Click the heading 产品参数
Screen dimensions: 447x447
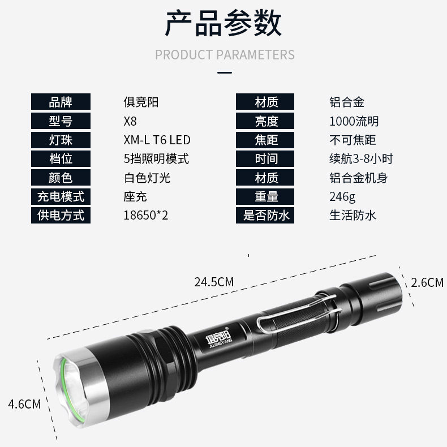pyautogui.click(x=223, y=23)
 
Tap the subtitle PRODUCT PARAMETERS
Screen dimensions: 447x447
pyautogui.click(x=225, y=55)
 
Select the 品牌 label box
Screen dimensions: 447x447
pyautogui.click(x=61, y=101)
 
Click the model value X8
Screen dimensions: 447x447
pyautogui.click(x=130, y=121)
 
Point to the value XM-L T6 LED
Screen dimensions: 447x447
pyautogui.click(x=157, y=140)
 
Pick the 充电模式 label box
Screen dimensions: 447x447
pyautogui.click(x=61, y=196)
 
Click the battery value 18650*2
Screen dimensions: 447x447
pyautogui.click(x=145, y=215)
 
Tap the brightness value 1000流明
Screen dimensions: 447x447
pyautogui.click(x=354, y=121)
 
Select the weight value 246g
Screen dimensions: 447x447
pyautogui.click(x=342, y=197)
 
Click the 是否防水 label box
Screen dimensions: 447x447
pyautogui.click(x=265, y=215)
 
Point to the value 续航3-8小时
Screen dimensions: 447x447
pyautogui.click(x=361, y=159)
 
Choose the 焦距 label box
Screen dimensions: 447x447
pyautogui.click(x=265, y=140)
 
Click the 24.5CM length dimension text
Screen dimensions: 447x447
pyautogui.click(x=214, y=282)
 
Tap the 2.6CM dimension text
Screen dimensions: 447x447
pyautogui.click(x=427, y=282)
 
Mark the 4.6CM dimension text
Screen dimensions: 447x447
pyautogui.click(x=24, y=404)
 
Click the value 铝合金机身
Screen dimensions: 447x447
pyautogui.click(x=358, y=178)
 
